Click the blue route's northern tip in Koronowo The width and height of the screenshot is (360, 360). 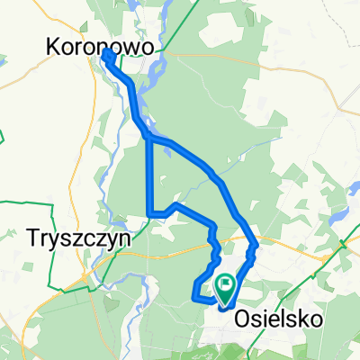(x=107, y=53)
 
